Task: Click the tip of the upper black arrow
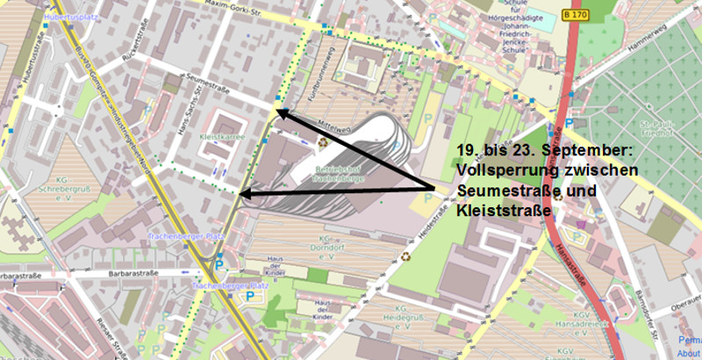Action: [277, 111]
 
